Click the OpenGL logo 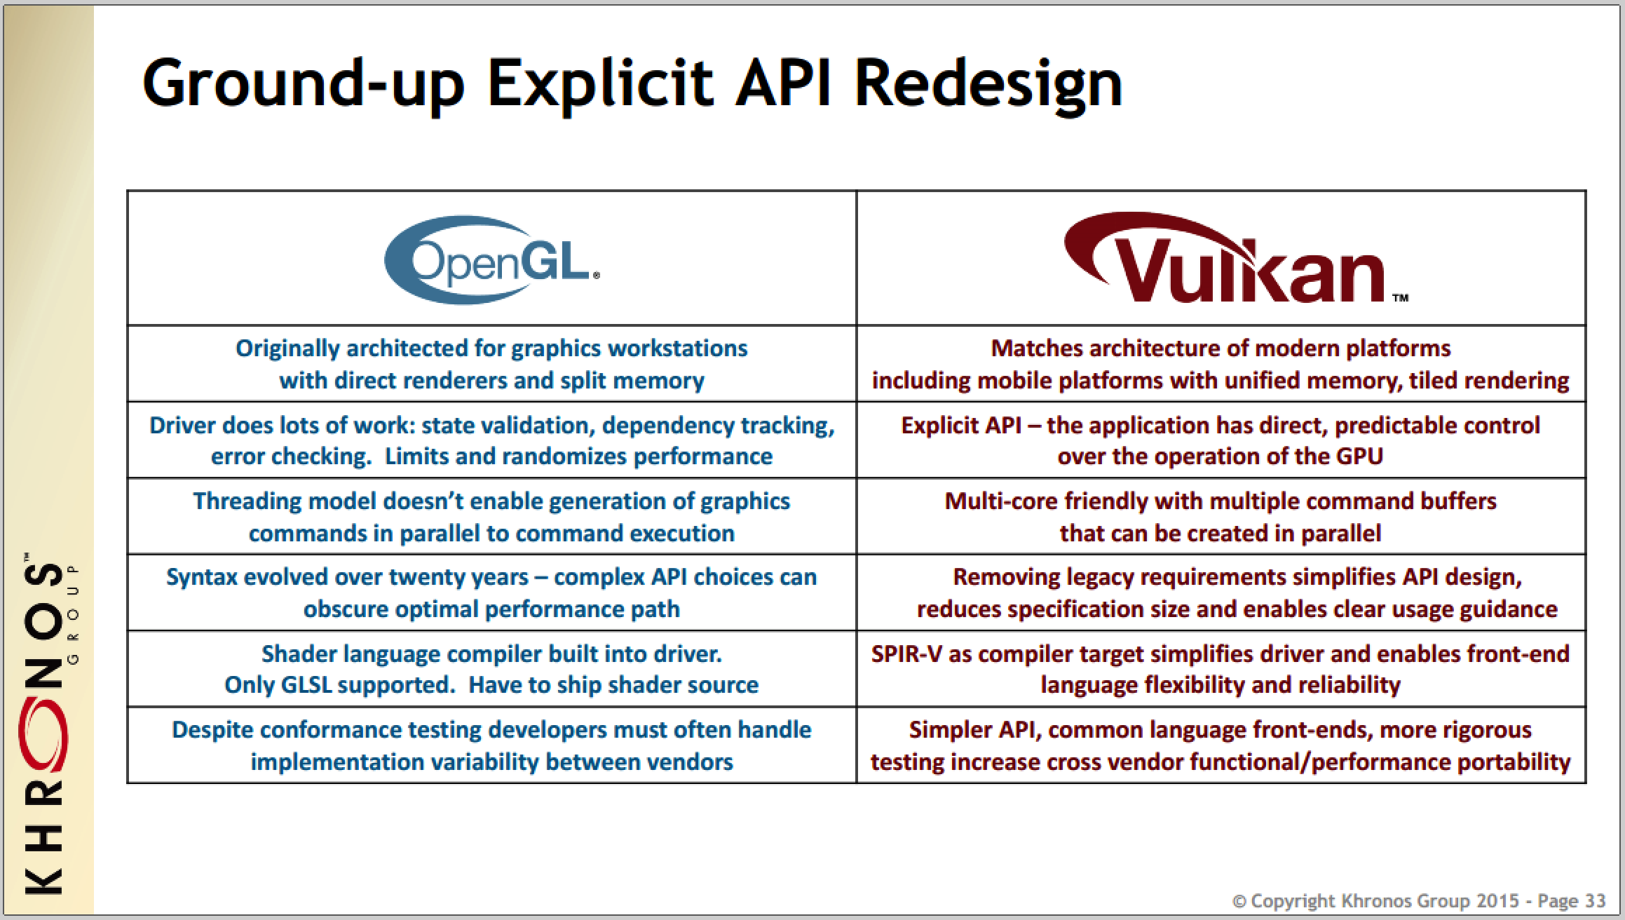point(491,259)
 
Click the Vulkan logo point(1235,258)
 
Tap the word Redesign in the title point(988,84)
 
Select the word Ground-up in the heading point(304,84)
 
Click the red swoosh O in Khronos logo point(43,735)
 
